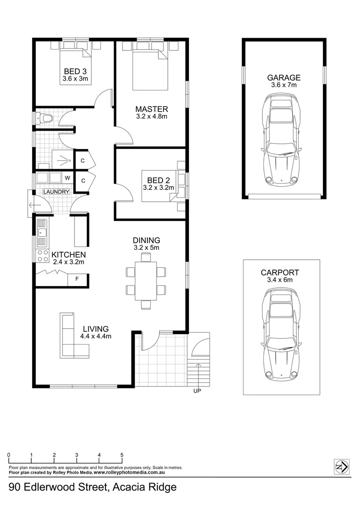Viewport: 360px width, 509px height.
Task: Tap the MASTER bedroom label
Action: pyautogui.click(x=151, y=109)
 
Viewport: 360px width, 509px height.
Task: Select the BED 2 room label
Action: pyautogui.click(x=158, y=181)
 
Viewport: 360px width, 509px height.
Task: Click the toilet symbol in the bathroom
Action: pyautogui.click(x=45, y=118)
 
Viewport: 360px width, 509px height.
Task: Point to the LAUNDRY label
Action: pyautogui.click(x=57, y=192)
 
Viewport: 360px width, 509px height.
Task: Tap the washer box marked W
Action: pyautogui.click(x=67, y=178)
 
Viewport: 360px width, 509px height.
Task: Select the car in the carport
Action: pyautogui.click(x=281, y=335)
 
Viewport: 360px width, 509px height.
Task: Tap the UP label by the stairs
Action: pyautogui.click(x=197, y=391)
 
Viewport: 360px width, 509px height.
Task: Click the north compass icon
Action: pyautogui.click(x=341, y=467)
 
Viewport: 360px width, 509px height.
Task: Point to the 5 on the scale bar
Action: pyautogui.click(x=122, y=455)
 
